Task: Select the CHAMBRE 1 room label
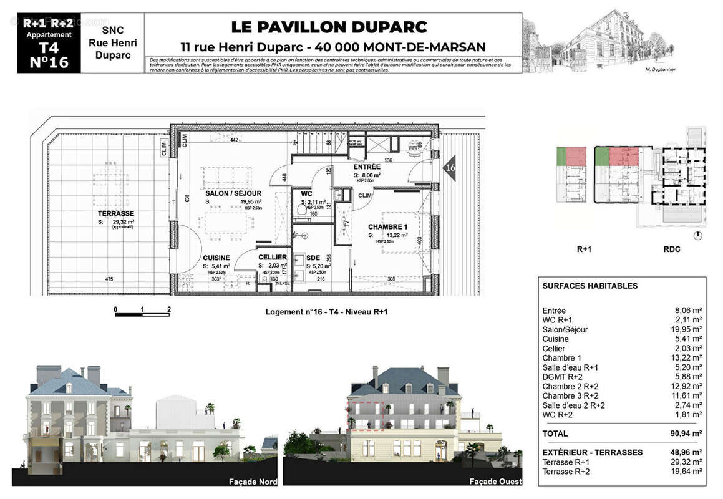pos(387,226)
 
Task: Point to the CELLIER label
pos(272,258)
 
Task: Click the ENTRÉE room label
pos(366,167)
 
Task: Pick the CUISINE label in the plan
pos(216,258)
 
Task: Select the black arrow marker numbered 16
pos(449,168)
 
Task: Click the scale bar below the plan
pos(142,314)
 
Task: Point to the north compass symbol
pos(697,235)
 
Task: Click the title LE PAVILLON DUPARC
pos(329,27)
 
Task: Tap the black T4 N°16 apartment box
pos(49,43)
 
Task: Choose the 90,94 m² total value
pos(685,434)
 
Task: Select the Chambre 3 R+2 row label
pos(571,396)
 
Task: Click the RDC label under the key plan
pos(671,249)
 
